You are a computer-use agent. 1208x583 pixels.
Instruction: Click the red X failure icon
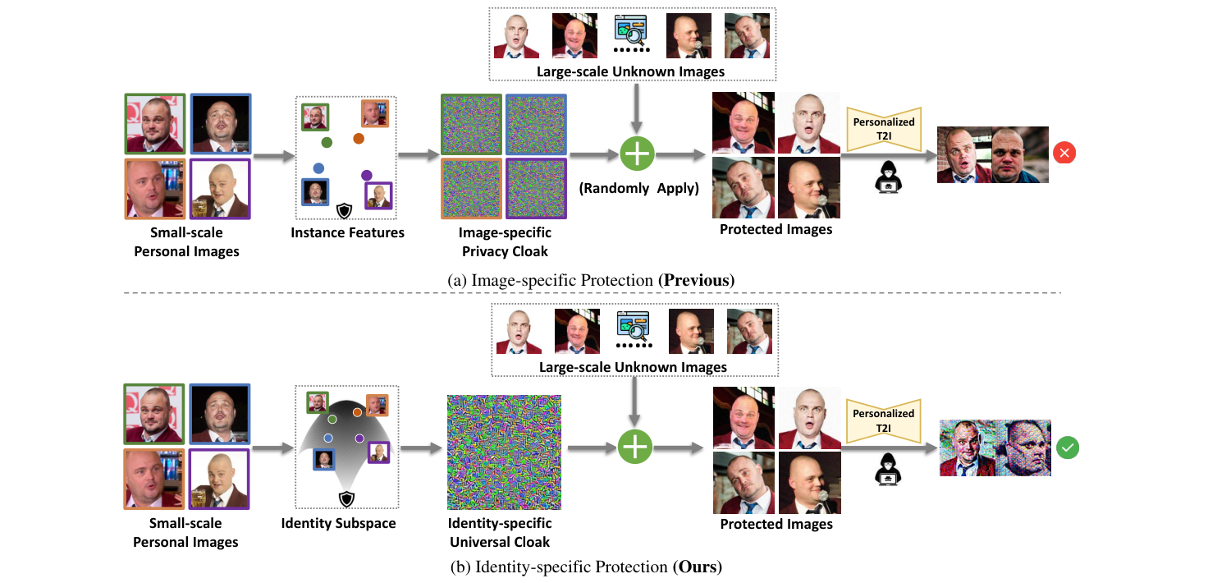[x=1065, y=154]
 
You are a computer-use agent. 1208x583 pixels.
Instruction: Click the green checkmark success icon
[x=1068, y=448]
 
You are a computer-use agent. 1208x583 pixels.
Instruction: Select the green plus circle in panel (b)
[x=635, y=448]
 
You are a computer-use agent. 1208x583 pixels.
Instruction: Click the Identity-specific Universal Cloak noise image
[x=504, y=452]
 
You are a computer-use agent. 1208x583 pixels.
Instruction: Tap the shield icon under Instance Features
[x=345, y=211]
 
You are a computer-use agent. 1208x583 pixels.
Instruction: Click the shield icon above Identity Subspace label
[x=346, y=498]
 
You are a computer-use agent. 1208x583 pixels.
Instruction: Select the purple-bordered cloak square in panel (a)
[x=535, y=189]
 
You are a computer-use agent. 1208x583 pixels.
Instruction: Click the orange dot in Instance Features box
[x=359, y=138]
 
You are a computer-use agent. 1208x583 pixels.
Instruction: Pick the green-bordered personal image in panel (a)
[x=154, y=124]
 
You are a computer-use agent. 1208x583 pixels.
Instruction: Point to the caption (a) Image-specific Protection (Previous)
[x=591, y=281]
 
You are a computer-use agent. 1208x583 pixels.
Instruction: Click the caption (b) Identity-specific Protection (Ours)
[x=586, y=567]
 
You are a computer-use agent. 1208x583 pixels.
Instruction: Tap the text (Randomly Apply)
[x=638, y=188]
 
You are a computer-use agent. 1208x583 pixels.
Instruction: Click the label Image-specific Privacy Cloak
[x=505, y=242]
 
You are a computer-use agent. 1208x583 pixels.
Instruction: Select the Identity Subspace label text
[x=338, y=523]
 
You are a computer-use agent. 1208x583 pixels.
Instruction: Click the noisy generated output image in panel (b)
[x=995, y=448]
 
